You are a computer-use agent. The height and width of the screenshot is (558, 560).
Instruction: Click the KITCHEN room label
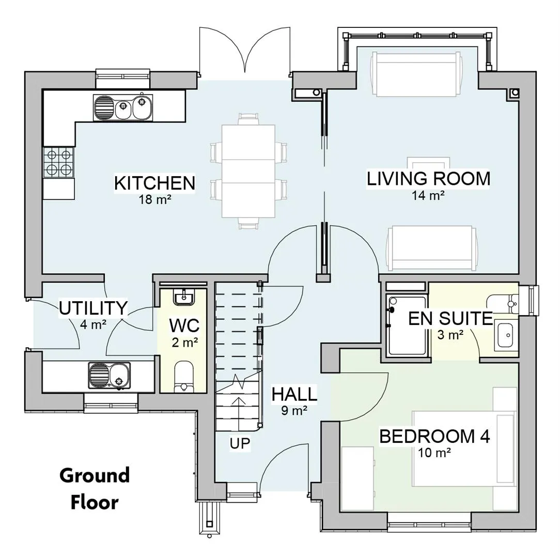[154, 183]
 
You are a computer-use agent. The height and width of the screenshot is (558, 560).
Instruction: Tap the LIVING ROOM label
[429, 179]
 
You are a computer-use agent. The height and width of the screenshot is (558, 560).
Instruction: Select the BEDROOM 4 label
[434, 436]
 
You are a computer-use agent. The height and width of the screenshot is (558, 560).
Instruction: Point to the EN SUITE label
[450, 318]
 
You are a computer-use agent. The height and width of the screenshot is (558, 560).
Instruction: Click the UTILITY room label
[93, 308]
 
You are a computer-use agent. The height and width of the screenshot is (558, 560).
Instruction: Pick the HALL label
[294, 394]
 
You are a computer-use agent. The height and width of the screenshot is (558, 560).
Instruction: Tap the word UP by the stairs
[240, 443]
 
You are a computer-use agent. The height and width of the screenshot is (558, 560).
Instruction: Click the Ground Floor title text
[95, 489]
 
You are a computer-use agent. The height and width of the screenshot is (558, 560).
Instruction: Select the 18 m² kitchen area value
[154, 199]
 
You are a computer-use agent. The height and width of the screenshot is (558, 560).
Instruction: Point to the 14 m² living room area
[428, 195]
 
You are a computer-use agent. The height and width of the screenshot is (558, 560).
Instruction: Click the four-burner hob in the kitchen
[58, 163]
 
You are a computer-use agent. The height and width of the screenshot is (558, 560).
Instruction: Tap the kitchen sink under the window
[123, 107]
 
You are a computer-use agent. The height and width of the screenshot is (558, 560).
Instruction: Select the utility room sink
[110, 376]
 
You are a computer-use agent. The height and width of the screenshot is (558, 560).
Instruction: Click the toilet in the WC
[184, 377]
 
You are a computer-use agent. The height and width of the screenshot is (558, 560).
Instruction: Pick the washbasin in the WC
[183, 297]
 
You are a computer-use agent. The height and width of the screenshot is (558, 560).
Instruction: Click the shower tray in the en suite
[407, 326]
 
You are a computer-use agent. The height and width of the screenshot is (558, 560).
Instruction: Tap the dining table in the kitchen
[248, 171]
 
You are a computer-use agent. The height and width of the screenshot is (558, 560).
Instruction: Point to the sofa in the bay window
[416, 74]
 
